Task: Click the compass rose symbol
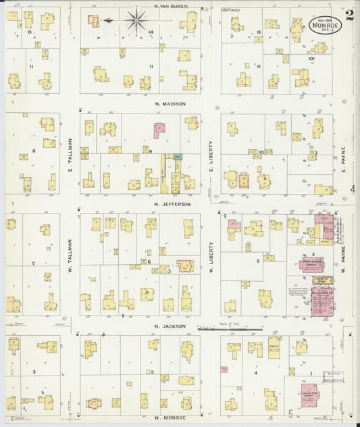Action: coord(138,21)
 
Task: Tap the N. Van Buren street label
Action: coord(170,7)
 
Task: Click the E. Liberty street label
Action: coord(211,153)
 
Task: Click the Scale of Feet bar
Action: coord(230,329)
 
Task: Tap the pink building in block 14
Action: coord(93,20)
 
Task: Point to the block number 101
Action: coord(311,59)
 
